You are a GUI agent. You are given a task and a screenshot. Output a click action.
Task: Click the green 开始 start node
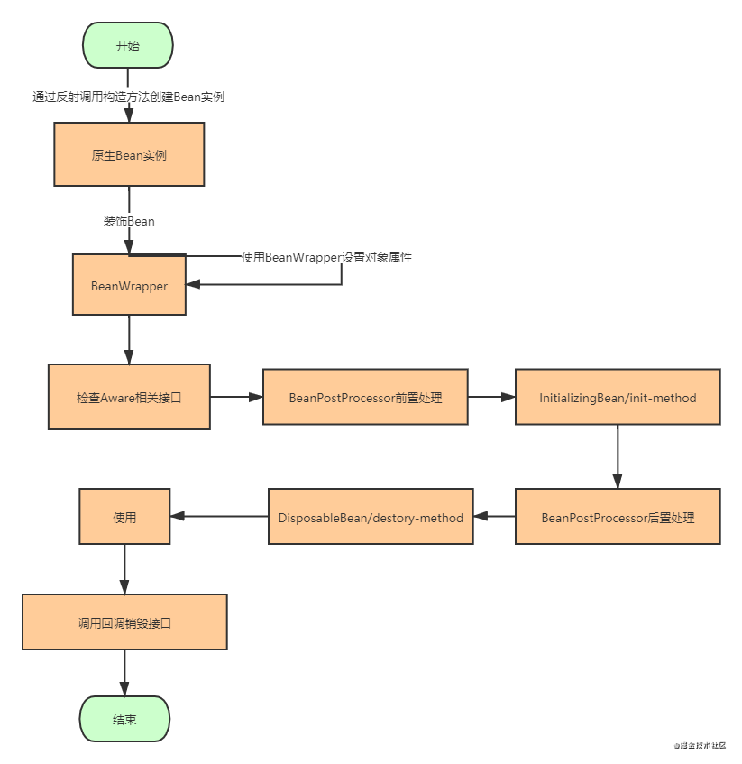[x=128, y=45]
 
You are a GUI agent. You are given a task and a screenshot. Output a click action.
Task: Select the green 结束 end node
[x=124, y=719]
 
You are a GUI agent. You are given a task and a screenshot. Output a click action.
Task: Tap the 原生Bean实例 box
[x=129, y=154]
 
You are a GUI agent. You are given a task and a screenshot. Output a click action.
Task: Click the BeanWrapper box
[x=129, y=285]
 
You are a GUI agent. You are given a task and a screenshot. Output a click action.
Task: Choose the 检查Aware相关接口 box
[x=129, y=397]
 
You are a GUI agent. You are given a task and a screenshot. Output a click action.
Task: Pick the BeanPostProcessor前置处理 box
[x=365, y=397]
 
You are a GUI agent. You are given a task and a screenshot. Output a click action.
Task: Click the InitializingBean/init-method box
[x=618, y=397]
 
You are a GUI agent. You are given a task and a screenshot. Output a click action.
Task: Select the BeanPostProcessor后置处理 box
[x=618, y=517]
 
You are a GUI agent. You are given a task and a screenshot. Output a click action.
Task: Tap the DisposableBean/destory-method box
[x=371, y=517]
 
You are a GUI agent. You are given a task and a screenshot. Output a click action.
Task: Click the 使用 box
[x=124, y=517]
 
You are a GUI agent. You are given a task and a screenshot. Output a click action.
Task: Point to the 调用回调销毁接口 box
[x=124, y=622]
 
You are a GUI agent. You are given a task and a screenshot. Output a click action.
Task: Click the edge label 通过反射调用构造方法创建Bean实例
[x=129, y=97]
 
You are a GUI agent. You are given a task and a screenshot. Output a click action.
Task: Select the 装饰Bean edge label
[x=129, y=221]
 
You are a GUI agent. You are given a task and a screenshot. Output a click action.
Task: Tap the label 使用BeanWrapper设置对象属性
[x=326, y=257]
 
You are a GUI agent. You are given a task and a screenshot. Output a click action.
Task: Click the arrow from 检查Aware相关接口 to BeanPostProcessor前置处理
[x=236, y=397]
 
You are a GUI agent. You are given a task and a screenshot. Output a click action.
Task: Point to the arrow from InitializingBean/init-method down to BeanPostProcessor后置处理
[x=618, y=456]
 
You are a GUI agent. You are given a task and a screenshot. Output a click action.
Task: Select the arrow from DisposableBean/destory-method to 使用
[x=219, y=516]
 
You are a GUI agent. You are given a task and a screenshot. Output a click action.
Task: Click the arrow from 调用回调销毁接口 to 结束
[x=124, y=673]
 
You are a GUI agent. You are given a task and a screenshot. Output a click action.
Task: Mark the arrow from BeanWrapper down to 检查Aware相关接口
[x=129, y=340]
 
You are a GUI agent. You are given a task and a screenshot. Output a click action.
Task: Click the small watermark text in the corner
[x=700, y=745]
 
